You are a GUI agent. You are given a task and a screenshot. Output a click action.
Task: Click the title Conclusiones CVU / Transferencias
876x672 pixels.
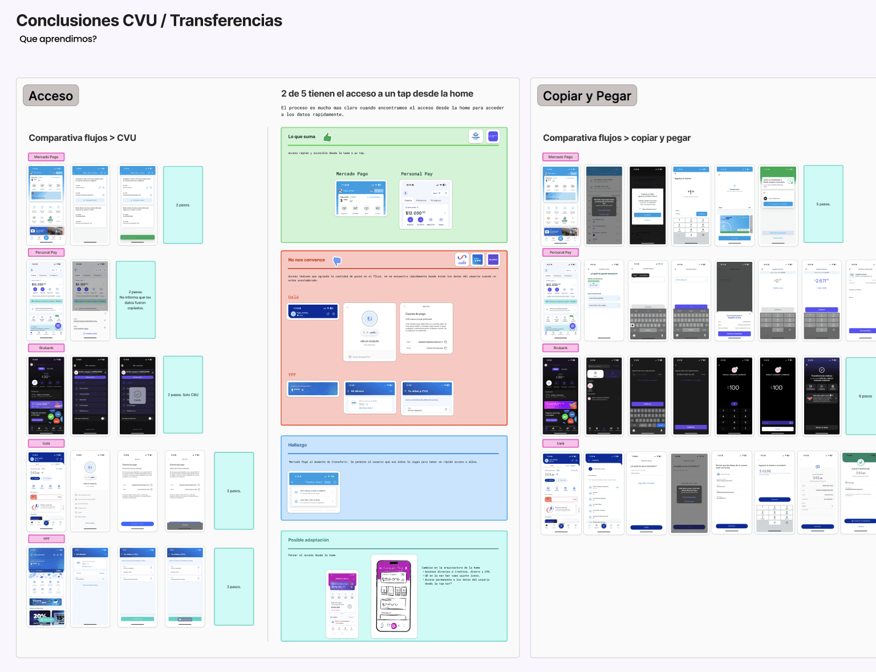149,21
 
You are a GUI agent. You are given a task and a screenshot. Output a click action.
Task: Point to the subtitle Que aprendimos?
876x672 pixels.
58,39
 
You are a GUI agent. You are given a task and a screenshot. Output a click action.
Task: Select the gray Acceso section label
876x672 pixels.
51,96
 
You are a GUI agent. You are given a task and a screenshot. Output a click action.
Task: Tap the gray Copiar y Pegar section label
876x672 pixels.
587,96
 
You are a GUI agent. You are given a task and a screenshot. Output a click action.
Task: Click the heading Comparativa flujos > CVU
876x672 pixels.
83,138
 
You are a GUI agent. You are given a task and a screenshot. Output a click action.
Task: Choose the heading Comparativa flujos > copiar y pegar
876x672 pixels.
617,138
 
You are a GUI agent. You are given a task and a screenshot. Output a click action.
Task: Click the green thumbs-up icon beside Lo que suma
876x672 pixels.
327,137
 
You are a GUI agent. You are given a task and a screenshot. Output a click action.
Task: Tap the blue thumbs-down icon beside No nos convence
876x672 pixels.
337,261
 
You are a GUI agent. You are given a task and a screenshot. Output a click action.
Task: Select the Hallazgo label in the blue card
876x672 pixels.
297,445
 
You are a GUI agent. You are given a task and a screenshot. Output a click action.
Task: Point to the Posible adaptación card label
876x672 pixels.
309,540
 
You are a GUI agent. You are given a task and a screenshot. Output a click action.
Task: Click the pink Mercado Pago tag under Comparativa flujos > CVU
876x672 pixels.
46,157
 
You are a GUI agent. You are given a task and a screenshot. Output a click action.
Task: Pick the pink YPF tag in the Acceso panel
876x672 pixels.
46,539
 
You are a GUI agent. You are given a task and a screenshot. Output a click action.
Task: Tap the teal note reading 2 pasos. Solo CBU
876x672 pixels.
183,395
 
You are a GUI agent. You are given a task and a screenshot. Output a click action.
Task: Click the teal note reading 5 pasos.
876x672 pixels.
823,204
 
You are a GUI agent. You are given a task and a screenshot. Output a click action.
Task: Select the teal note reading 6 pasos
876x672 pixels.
862,396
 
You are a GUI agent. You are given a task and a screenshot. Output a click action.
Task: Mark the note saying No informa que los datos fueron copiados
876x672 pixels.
136,300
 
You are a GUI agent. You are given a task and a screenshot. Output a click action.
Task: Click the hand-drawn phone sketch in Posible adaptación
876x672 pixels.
394,597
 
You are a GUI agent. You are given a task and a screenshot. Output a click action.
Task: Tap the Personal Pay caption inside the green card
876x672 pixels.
416,174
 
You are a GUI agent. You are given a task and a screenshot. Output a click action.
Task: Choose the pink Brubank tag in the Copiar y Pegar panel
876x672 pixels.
561,348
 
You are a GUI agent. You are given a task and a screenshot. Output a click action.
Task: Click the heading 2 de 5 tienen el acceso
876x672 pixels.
377,94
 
